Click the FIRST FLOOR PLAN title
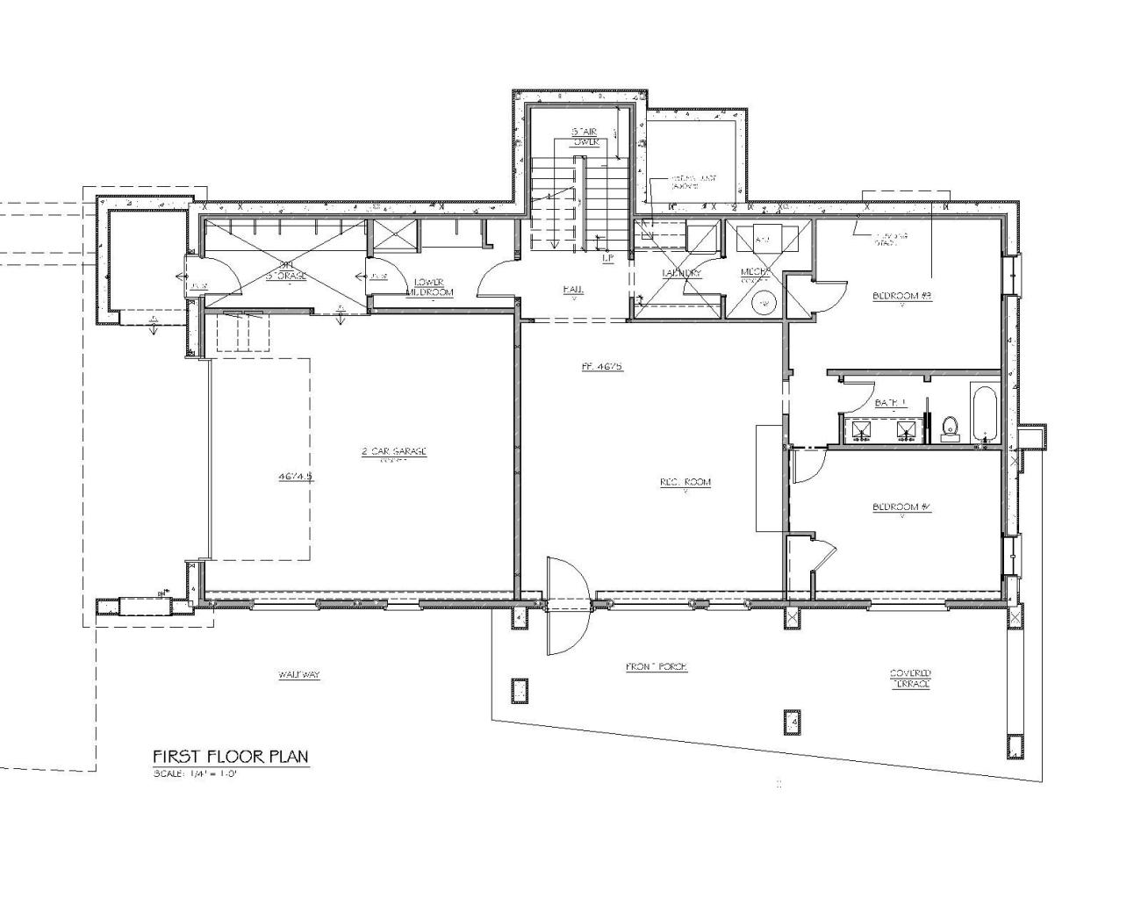click(231, 757)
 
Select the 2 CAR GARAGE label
click(393, 452)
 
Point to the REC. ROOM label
click(685, 482)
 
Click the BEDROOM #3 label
click(901, 296)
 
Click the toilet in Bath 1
click(949, 428)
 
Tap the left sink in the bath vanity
click(861, 430)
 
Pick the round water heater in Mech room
click(764, 303)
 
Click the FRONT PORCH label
click(657, 667)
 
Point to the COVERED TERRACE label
click(910, 679)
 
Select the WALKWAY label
click(299, 675)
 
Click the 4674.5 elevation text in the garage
click(296, 477)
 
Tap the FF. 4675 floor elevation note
click(602, 366)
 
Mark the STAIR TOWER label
click(585, 136)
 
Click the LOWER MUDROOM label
click(434, 287)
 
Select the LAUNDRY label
click(681, 273)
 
